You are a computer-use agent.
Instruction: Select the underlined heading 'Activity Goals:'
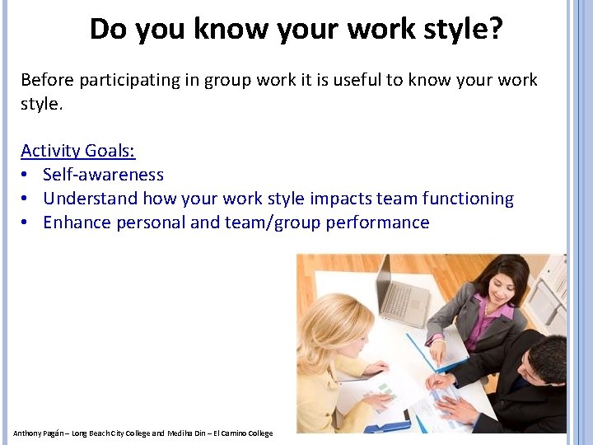point(78,151)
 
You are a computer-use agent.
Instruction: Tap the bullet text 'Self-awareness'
point(103,175)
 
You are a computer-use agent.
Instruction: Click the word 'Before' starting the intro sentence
point(48,80)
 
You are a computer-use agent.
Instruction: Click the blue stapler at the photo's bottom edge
point(387,426)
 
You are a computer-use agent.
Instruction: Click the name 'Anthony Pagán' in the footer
point(37,433)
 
